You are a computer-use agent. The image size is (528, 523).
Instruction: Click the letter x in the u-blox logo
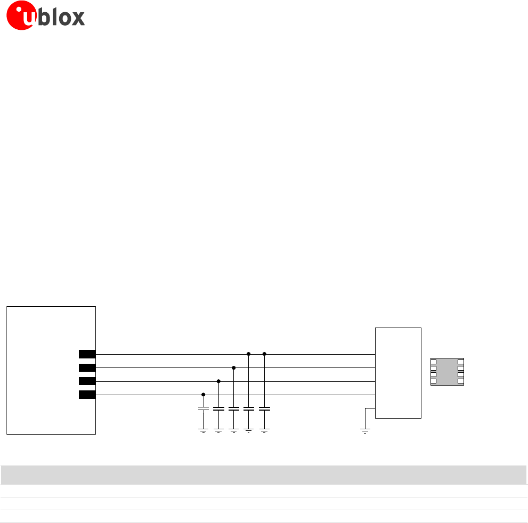click(77, 18)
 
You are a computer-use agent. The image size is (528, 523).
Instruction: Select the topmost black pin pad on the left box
click(87, 354)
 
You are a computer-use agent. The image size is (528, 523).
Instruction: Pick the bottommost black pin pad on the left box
click(87, 395)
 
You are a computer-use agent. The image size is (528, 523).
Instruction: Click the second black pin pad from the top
click(87, 367)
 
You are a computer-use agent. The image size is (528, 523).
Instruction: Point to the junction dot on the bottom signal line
click(203, 395)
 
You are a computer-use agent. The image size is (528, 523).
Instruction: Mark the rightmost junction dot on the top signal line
click(264, 354)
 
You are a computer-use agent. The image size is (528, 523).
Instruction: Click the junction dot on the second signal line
click(233, 367)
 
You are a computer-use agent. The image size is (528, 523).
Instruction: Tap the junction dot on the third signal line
click(218, 381)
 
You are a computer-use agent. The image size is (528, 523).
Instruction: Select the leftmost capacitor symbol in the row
click(203, 409)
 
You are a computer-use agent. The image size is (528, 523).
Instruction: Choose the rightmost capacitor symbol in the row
click(264, 409)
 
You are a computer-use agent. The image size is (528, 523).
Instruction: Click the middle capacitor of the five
click(233, 409)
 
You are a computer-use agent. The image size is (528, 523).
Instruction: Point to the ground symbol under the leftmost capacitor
click(203, 430)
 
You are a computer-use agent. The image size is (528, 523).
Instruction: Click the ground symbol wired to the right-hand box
click(365, 430)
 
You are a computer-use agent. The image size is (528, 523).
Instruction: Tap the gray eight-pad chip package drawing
click(447, 372)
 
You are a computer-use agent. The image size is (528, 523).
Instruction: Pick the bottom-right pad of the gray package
click(460, 381)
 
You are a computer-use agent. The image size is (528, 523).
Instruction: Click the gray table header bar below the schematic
click(264, 475)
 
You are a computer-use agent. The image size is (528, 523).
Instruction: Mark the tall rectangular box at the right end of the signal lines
click(398, 373)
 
